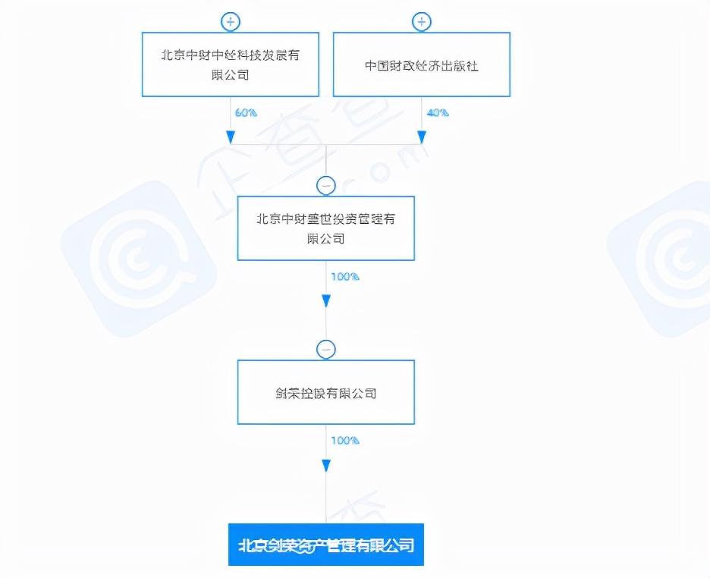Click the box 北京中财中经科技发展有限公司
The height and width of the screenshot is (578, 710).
click(x=230, y=64)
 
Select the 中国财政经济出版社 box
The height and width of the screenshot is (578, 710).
click(x=421, y=64)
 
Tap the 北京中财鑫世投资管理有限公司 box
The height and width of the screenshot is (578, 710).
click(x=326, y=228)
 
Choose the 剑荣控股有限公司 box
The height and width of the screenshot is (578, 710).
click(x=326, y=393)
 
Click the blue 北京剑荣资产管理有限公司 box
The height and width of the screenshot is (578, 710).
click(x=326, y=545)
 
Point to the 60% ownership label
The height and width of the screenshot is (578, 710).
click(x=246, y=112)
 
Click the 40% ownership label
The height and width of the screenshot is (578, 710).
click(x=437, y=112)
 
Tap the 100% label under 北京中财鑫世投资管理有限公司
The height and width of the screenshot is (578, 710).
click(x=344, y=276)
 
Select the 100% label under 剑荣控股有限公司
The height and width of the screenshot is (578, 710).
click(x=344, y=440)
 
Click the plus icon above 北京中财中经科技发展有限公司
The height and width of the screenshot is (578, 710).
click(x=230, y=21)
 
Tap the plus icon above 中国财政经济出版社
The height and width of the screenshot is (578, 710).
click(x=422, y=21)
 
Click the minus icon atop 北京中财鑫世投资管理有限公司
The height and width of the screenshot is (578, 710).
click(x=326, y=184)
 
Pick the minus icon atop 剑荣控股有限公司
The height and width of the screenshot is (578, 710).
click(x=326, y=349)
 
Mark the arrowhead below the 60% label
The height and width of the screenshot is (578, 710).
click(x=230, y=137)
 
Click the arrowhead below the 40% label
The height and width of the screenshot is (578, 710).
click(x=422, y=137)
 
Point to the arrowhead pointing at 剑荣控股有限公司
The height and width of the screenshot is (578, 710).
click(x=326, y=300)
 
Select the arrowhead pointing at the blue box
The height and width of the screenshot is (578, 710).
click(x=326, y=465)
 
